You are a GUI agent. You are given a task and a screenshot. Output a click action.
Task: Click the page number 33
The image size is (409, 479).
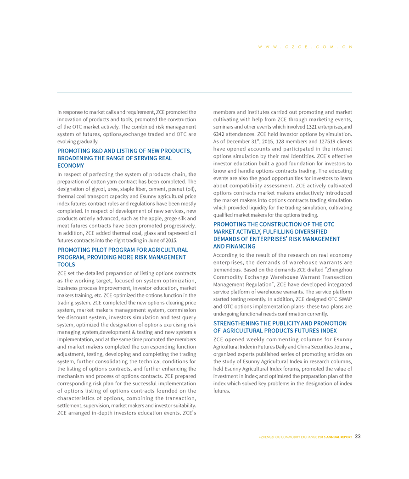358,437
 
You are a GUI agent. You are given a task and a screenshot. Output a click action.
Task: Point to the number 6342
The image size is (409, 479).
221,134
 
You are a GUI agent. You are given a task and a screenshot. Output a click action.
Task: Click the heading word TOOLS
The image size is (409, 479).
66,265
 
